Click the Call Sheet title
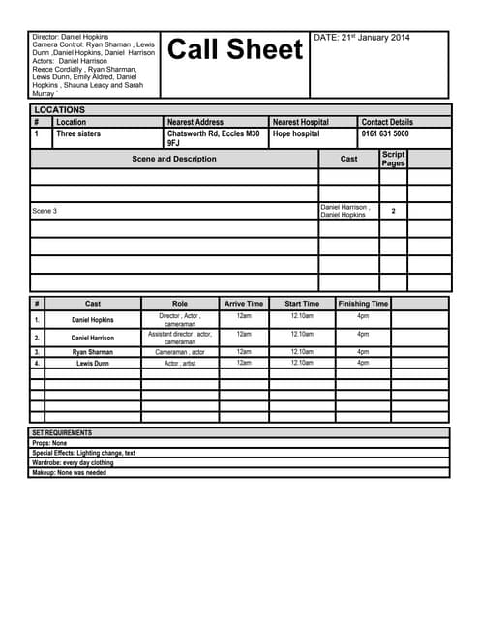coord(236,50)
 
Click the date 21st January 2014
coord(362,38)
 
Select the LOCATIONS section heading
coord(59,110)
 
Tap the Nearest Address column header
coord(195,122)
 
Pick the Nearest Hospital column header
coord(300,122)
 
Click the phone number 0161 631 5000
coord(385,134)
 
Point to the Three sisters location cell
coord(78,134)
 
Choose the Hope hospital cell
coord(296,134)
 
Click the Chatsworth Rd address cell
coord(213,138)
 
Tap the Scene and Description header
coord(174,159)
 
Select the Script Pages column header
coord(393,159)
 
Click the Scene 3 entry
coord(45,211)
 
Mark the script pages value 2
coord(393,210)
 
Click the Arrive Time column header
coord(244,304)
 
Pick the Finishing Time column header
coord(363,304)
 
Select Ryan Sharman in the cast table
coord(93,352)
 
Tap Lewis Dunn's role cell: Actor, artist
coord(180,363)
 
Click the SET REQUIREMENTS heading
coord(62,432)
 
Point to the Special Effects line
coord(83,453)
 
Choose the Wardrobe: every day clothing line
coord(73,463)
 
